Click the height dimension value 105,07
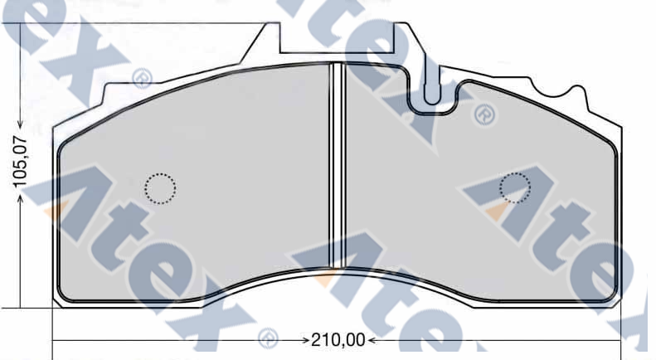[20, 162]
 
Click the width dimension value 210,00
[338, 340]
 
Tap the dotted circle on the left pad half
[160, 188]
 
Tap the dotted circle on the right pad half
[515, 188]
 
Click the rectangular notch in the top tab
[337, 38]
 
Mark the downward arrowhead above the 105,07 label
[20, 124]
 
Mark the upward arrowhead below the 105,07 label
[20, 199]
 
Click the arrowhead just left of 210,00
[305, 340]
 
